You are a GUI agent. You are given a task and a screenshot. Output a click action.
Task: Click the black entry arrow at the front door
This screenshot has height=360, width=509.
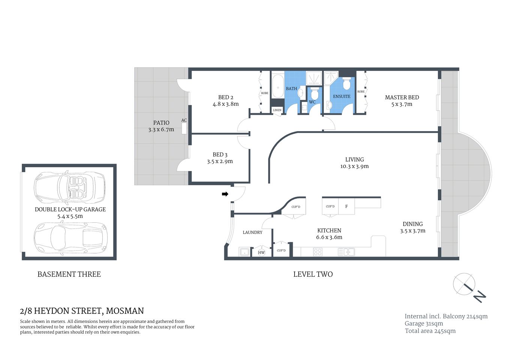[x=225, y=194]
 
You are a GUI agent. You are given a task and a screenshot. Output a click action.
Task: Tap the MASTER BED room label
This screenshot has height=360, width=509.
[x=402, y=97]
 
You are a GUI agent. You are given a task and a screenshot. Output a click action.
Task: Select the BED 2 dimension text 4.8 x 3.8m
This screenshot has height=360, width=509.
[x=225, y=104]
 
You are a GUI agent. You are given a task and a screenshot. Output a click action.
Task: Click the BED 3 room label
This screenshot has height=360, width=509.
[x=220, y=154]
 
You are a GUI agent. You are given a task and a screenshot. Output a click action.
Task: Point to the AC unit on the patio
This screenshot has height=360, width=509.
[x=184, y=128]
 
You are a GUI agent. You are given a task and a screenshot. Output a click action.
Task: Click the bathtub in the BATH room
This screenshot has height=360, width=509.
[x=277, y=86]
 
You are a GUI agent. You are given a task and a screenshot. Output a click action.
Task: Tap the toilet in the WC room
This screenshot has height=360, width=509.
[x=314, y=93]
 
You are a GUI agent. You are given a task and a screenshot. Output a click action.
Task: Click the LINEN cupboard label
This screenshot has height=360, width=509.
[x=277, y=110]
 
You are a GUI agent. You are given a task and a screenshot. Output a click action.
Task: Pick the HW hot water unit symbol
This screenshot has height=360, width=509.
[x=261, y=252]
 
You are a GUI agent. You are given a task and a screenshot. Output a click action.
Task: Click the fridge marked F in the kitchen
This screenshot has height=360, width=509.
[x=346, y=207]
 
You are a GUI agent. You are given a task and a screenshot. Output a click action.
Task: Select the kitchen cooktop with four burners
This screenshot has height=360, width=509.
[x=317, y=252]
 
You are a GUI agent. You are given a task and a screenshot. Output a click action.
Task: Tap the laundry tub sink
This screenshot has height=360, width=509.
[x=244, y=252]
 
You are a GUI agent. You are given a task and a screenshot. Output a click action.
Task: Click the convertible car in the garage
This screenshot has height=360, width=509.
[x=69, y=186]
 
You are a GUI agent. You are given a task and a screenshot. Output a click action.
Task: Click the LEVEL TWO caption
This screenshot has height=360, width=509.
[x=313, y=274]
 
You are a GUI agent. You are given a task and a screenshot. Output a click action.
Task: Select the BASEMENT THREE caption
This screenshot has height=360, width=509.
[x=69, y=274]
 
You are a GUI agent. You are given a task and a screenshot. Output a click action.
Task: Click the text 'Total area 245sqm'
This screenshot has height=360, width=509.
[x=430, y=331]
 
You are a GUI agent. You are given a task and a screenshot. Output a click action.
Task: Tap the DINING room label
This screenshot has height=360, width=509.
[x=412, y=224]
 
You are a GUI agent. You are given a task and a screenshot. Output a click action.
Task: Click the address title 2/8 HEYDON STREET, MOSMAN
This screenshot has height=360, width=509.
[x=82, y=311]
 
